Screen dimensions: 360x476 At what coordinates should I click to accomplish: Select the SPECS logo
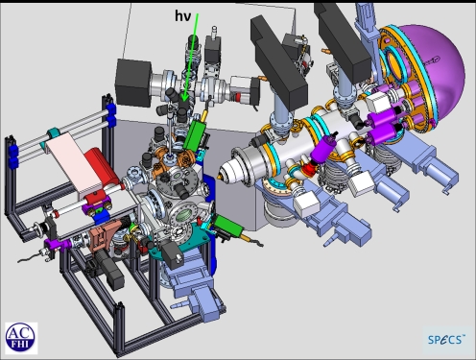(445, 338)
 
